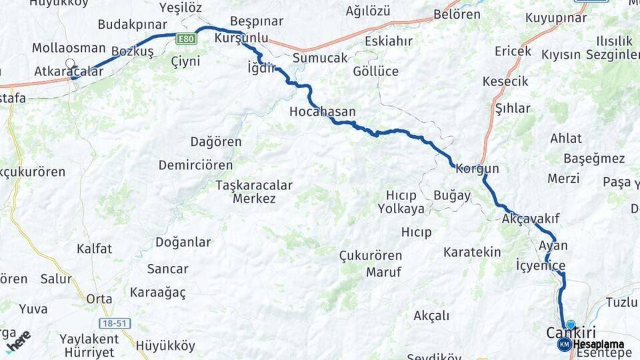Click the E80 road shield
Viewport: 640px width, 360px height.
pyautogui.click(x=187, y=39)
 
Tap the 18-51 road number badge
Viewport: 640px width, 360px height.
pyautogui.click(x=115, y=323)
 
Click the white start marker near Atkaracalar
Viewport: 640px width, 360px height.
pyautogui.click(x=70, y=64)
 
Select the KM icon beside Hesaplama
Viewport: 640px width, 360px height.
pyautogui.click(x=564, y=344)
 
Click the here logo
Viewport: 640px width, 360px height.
pyautogui.click(x=18, y=341)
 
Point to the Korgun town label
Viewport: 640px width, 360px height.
pyautogui.click(x=477, y=169)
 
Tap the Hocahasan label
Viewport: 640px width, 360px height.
pyautogui.click(x=322, y=112)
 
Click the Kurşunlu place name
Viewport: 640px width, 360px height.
pyautogui.click(x=241, y=38)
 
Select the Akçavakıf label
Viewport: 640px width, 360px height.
pyautogui.click(x=531, y=219)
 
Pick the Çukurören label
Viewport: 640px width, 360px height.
pyautogui.click(x=370, y=255)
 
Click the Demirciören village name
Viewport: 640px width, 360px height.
pyautogui.click(x=195, y=165)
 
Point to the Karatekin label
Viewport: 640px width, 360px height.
pyautogui.click(x=472, y=252)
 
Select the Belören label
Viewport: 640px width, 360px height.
pyautogui.click(x=457, y=14)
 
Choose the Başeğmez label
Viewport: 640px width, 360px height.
pyautogui.click(x=594, y=159)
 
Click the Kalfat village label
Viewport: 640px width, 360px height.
pyautogui.click(x=94, y=249)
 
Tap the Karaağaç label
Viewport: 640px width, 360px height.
pyautogui.click(x=158, y=292)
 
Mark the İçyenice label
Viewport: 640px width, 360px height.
pyautogui.click(x=541, y=265)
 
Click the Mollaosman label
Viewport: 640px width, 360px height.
pyautogui.click(x=69, y=48)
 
